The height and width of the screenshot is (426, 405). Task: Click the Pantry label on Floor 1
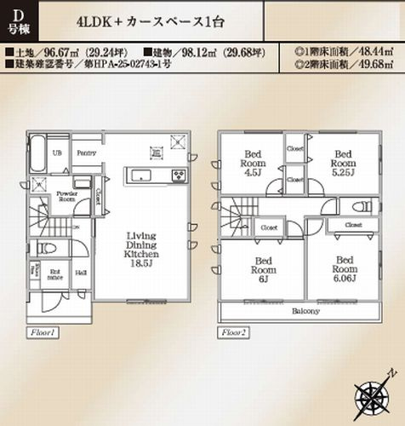[x=85, y=153]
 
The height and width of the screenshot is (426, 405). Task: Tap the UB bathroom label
[x=58, y=153]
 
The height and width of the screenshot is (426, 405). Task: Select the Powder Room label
[x=67, y=199]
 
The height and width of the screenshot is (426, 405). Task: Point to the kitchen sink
[x=141, y=176]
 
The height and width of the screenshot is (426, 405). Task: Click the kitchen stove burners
[x=180, y=176]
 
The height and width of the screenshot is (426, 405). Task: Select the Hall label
[x=80, y=273]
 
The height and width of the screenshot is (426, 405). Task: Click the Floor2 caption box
[x=233, y=331]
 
